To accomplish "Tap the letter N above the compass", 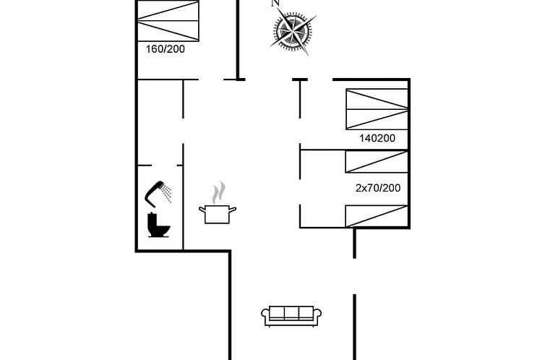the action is point(275,3).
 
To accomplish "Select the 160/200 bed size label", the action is point(165,49).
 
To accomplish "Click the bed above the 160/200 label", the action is point(168,21).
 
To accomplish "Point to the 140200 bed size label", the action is point(377,138).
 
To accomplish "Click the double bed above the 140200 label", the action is point(377,109).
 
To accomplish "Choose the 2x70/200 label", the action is point(378,188).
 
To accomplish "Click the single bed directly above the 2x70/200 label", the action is point(377,162).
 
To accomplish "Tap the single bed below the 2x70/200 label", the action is point(377,216).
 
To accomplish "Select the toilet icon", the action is point(158,225).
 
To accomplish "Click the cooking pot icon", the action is point(218,214).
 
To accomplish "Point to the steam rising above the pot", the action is point(218,193).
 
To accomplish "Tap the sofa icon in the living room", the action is point(291,316).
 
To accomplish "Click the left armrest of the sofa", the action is point(265,315).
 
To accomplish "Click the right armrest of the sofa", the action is point(317,315).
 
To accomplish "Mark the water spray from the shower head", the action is point(167,194).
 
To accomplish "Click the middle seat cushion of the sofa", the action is point(291,313).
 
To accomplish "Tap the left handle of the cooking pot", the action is point(202,210).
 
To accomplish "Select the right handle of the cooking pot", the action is point(233,210).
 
